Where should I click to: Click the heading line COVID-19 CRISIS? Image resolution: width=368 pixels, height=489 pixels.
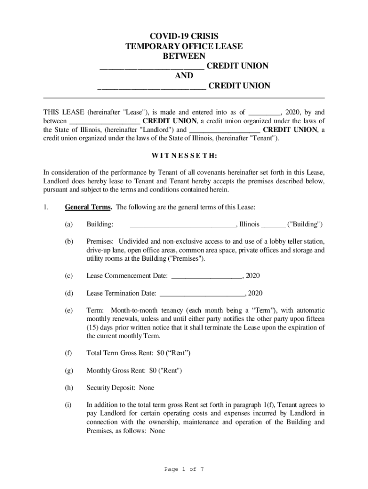point(184,36)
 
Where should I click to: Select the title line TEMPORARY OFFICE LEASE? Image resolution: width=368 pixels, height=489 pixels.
point(184,46)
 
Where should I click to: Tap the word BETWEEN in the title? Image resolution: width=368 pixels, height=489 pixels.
point(184,56)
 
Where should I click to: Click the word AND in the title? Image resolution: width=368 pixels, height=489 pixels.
point(184,76)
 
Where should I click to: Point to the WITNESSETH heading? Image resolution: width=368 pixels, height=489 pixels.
point(184,156)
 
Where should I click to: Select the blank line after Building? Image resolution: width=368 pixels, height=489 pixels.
point(183,224)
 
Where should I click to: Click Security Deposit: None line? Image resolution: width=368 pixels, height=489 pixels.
point(120,388)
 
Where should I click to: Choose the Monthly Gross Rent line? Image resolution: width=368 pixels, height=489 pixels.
point(134,371)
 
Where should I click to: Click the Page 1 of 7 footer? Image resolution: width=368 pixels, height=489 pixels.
point(184,469)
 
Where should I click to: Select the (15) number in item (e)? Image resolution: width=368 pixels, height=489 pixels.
point(93,328)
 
